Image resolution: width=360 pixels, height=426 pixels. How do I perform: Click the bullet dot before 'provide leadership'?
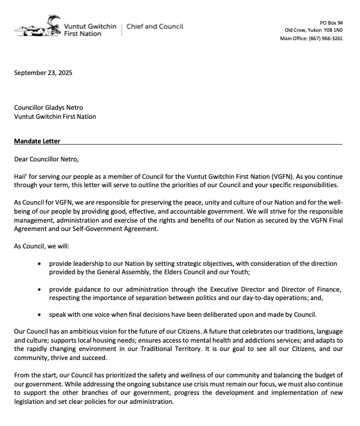(x=40, y=263)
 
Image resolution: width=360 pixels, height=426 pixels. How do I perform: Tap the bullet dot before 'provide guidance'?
(x=40, y=289)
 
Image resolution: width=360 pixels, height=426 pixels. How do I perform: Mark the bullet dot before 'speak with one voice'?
(x=40, y=315)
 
